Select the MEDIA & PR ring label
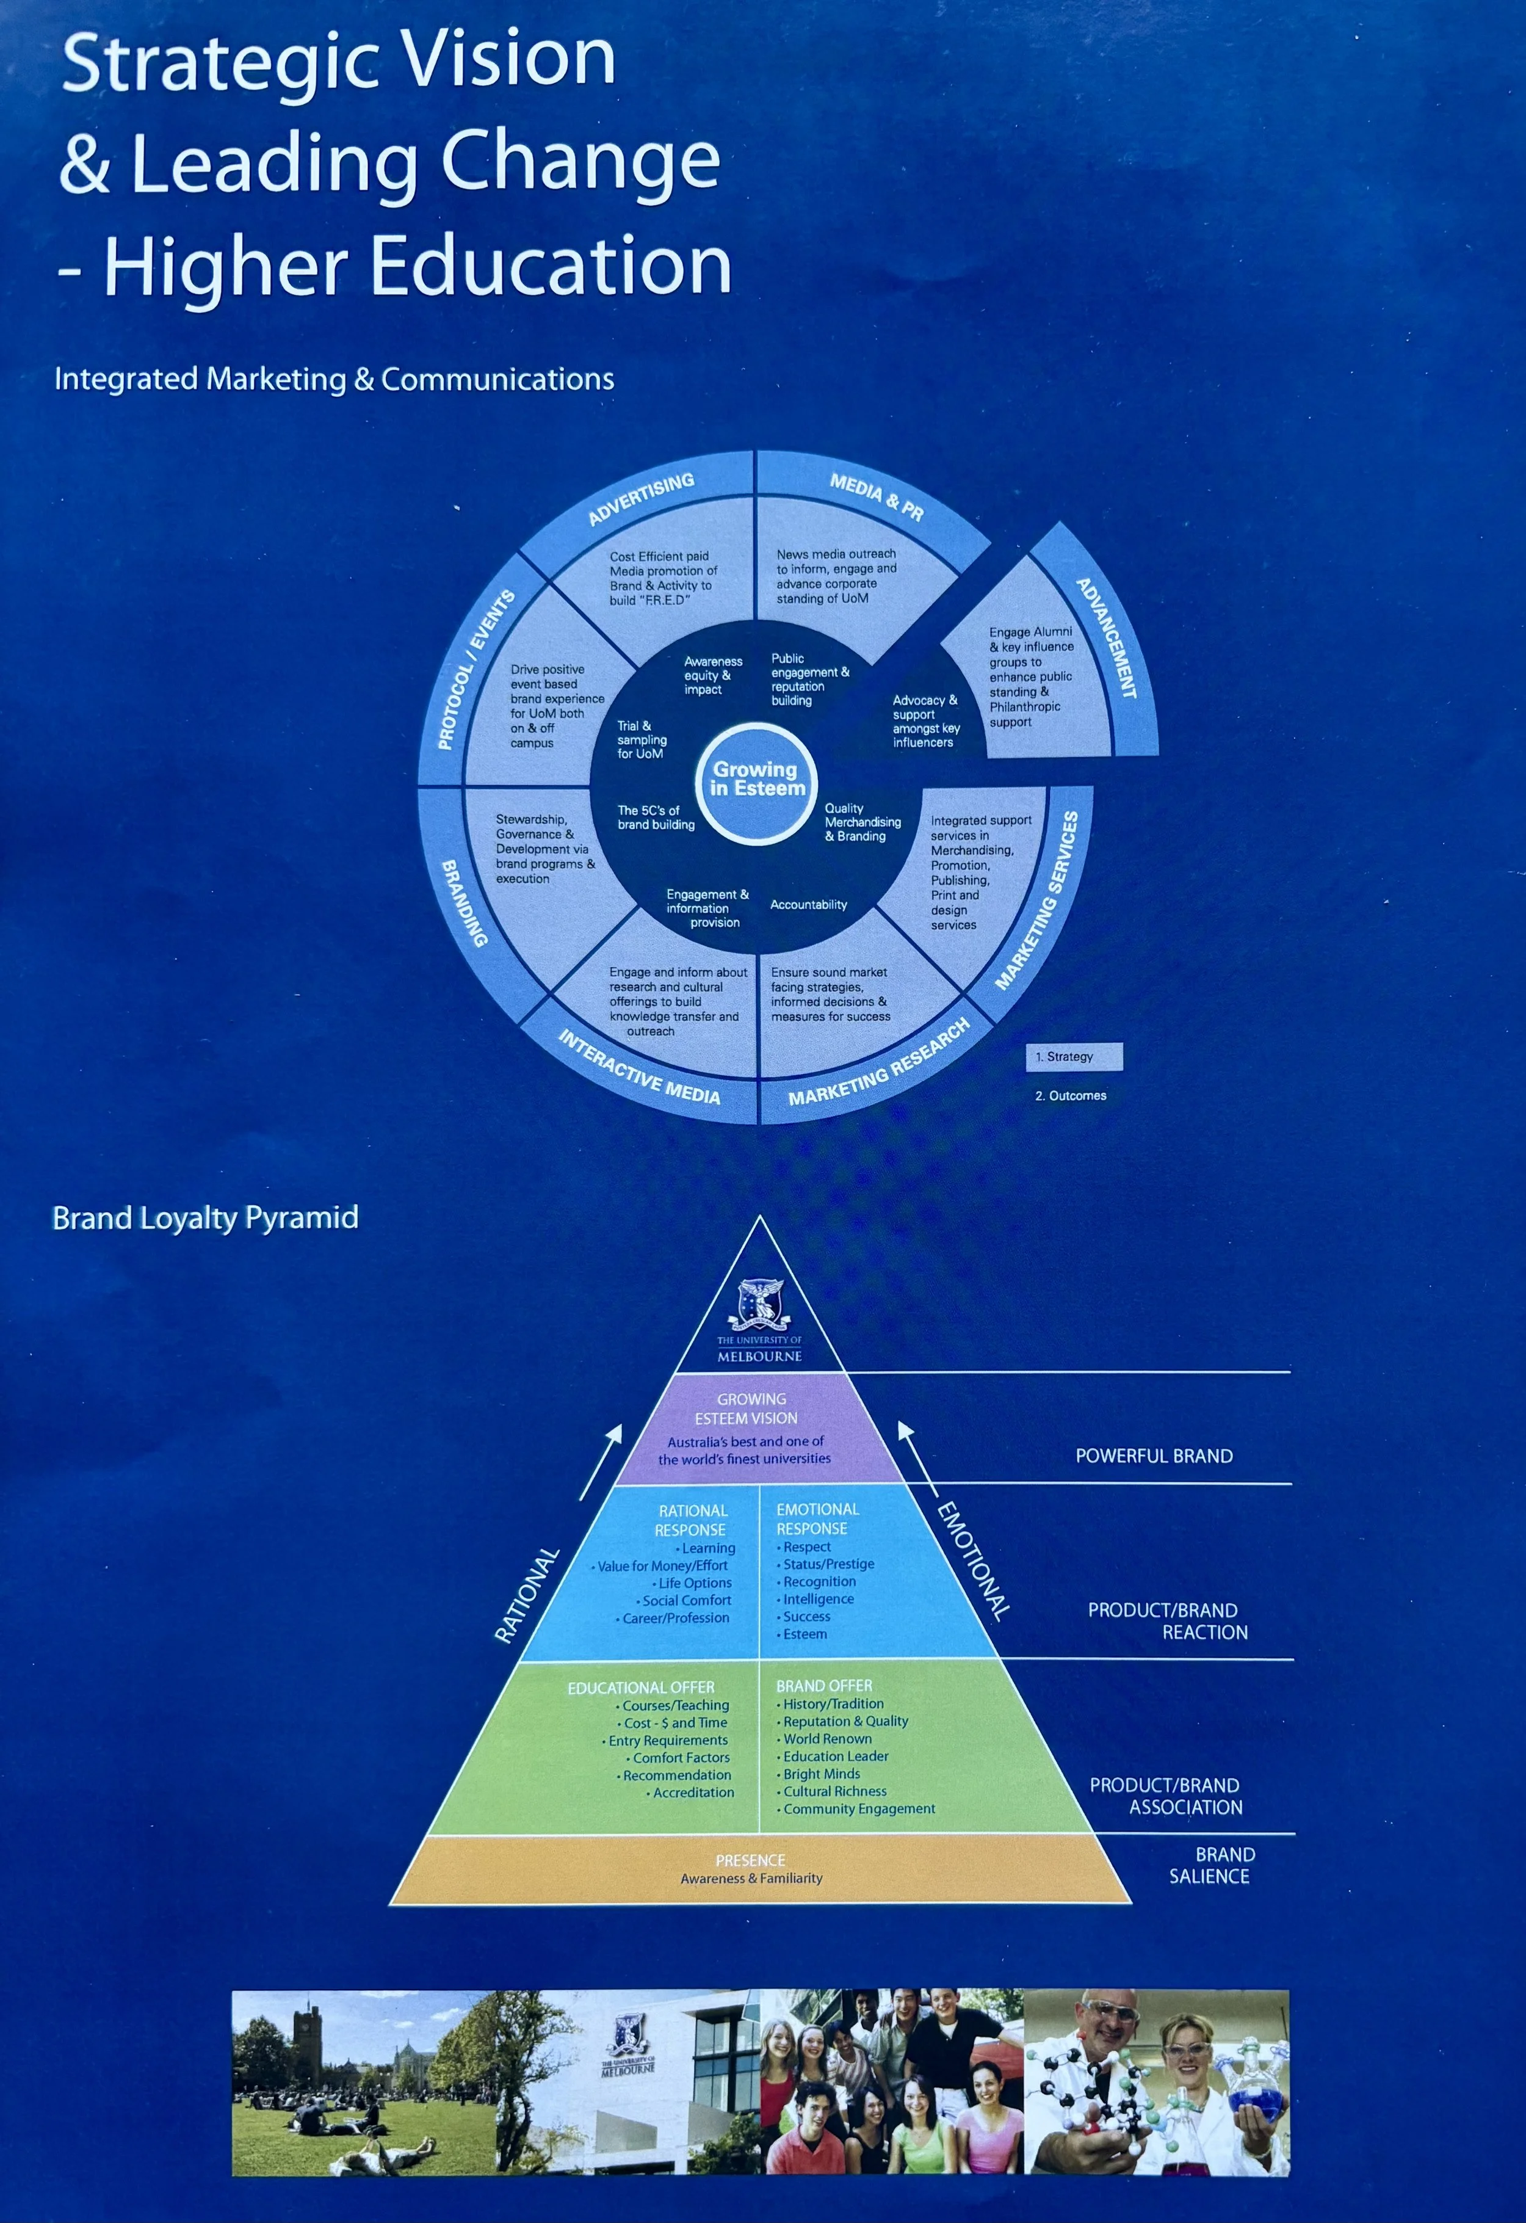[877, 496]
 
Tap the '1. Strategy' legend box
[1073, 1056]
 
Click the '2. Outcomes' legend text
[1070, 1095]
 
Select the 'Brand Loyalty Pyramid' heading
[206, 1217]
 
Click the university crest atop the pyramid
[761, 1303]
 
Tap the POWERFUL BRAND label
[1154, 1456]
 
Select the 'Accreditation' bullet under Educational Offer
[693, 1793]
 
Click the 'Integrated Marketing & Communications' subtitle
[334, 379]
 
